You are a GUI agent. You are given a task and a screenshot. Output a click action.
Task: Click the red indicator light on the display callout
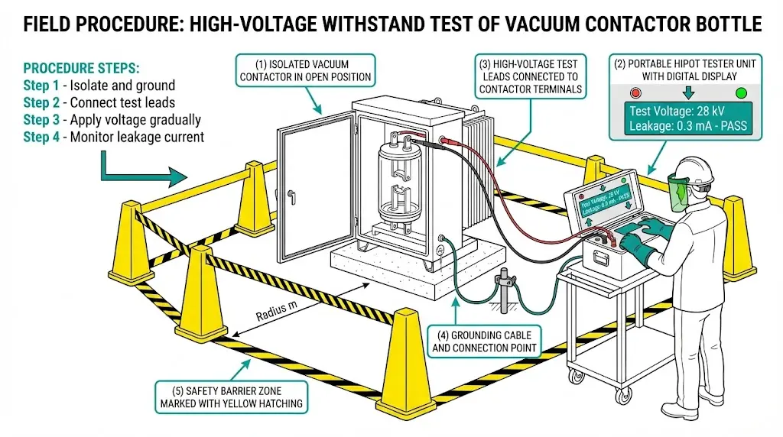click(x=635, y=93)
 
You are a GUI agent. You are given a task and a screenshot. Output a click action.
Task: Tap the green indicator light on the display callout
click(x=740, y=93)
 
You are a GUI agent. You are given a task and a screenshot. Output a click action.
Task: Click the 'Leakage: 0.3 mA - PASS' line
click(x=687, y=127)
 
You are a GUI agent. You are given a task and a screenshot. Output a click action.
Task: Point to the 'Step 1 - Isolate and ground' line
click(x=99, y=85)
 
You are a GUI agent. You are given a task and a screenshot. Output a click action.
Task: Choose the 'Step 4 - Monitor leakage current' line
click(x=113, y=137)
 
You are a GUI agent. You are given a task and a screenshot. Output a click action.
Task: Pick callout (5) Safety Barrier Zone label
click(x=231, y=396)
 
